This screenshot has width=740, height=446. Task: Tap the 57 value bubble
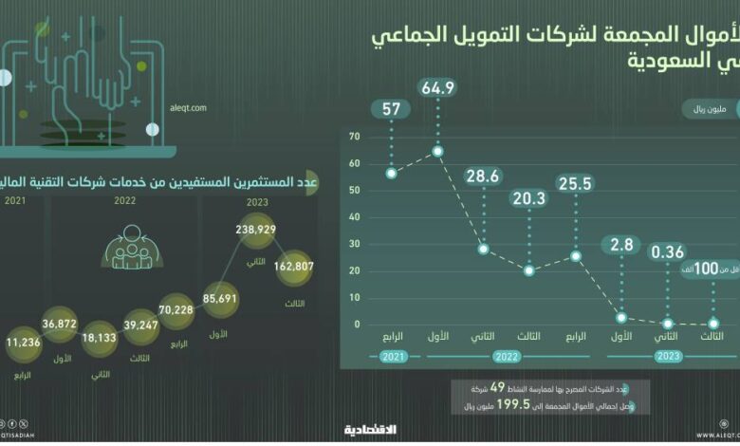point(391,107)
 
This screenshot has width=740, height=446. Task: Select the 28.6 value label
point(484,177)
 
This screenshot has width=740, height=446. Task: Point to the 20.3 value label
point(529,198)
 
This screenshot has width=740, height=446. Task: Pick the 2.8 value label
point(621,247)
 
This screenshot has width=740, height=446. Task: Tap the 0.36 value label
point(668,251)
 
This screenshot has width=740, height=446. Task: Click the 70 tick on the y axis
point(356,136)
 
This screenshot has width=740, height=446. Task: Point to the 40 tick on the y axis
point(356,217)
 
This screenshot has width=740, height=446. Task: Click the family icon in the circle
point(127,246)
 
